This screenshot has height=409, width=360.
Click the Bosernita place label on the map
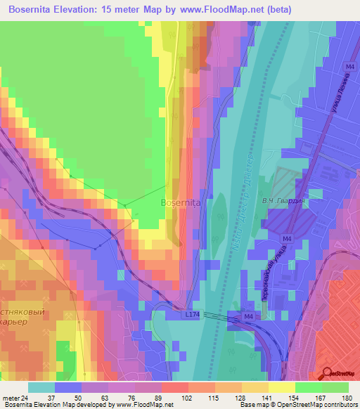point(181,202)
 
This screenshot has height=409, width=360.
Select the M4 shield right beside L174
point(248,317)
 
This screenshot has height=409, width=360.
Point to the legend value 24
point(30,398)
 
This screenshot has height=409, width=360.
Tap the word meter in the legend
point(12,398)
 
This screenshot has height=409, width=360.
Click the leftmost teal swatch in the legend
point(41,387)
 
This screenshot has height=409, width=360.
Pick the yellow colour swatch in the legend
point(282,387)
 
